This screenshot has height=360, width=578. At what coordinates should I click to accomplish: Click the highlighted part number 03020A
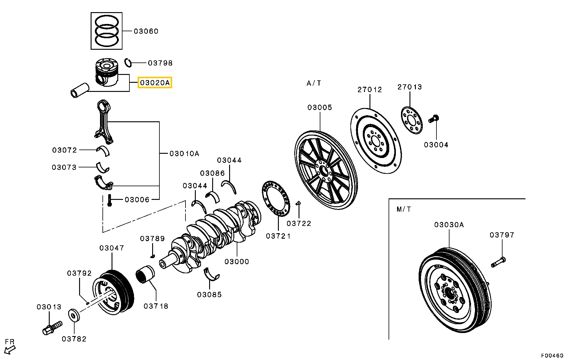155,82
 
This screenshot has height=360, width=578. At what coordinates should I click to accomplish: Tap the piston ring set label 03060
146,31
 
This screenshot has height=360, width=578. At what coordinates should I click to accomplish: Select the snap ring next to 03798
128,63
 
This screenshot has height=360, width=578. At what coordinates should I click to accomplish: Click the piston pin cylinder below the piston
80,90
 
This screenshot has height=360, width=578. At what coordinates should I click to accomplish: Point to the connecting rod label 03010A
184,153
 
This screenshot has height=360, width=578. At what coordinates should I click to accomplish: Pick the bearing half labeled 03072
103,151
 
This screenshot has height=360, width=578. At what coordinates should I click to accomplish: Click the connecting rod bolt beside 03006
110,200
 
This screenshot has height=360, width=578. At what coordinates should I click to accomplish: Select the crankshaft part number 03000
237,261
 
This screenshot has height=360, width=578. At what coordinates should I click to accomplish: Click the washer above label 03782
74,315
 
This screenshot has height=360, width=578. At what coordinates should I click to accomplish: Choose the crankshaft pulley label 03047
112,248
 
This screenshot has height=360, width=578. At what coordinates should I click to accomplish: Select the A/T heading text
314,83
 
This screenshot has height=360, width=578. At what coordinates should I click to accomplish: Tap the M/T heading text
404,209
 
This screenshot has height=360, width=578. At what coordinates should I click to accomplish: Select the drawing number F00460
553,355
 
